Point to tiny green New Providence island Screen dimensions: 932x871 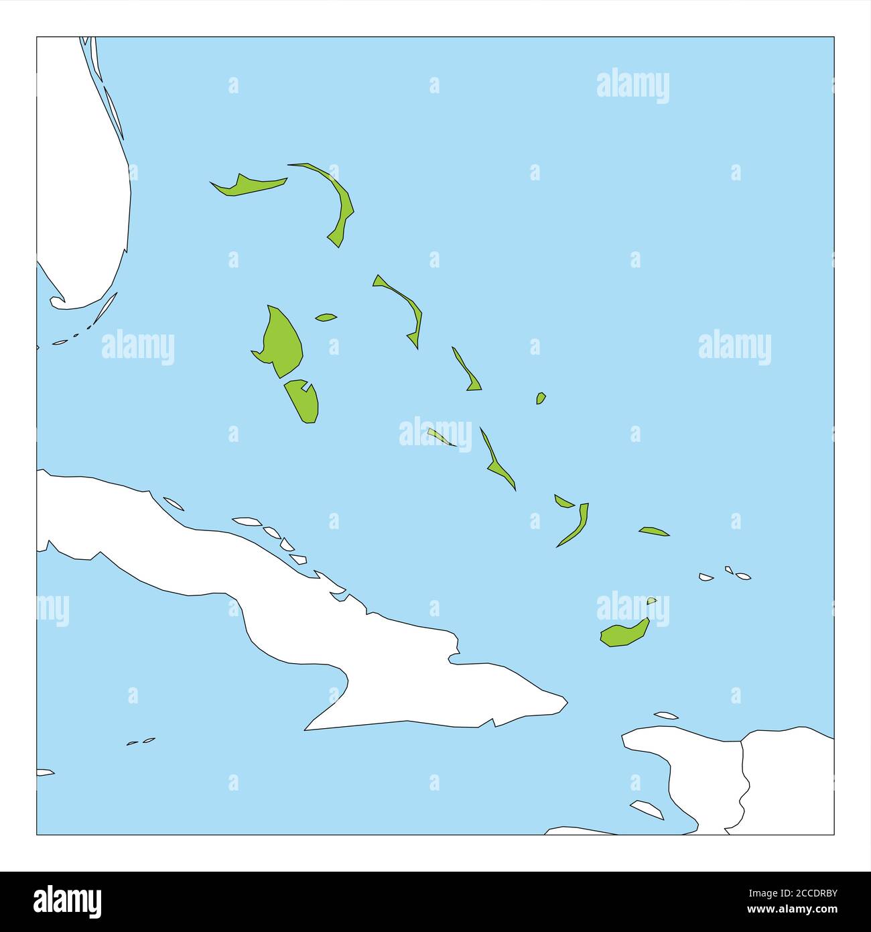[326, 317]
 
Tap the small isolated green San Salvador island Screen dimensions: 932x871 [540, 398]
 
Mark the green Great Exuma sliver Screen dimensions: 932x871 [440, 437]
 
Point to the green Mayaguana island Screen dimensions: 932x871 [653, 531]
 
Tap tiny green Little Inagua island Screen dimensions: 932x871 [651, 600]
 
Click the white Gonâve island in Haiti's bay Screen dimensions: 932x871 [649, 809]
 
